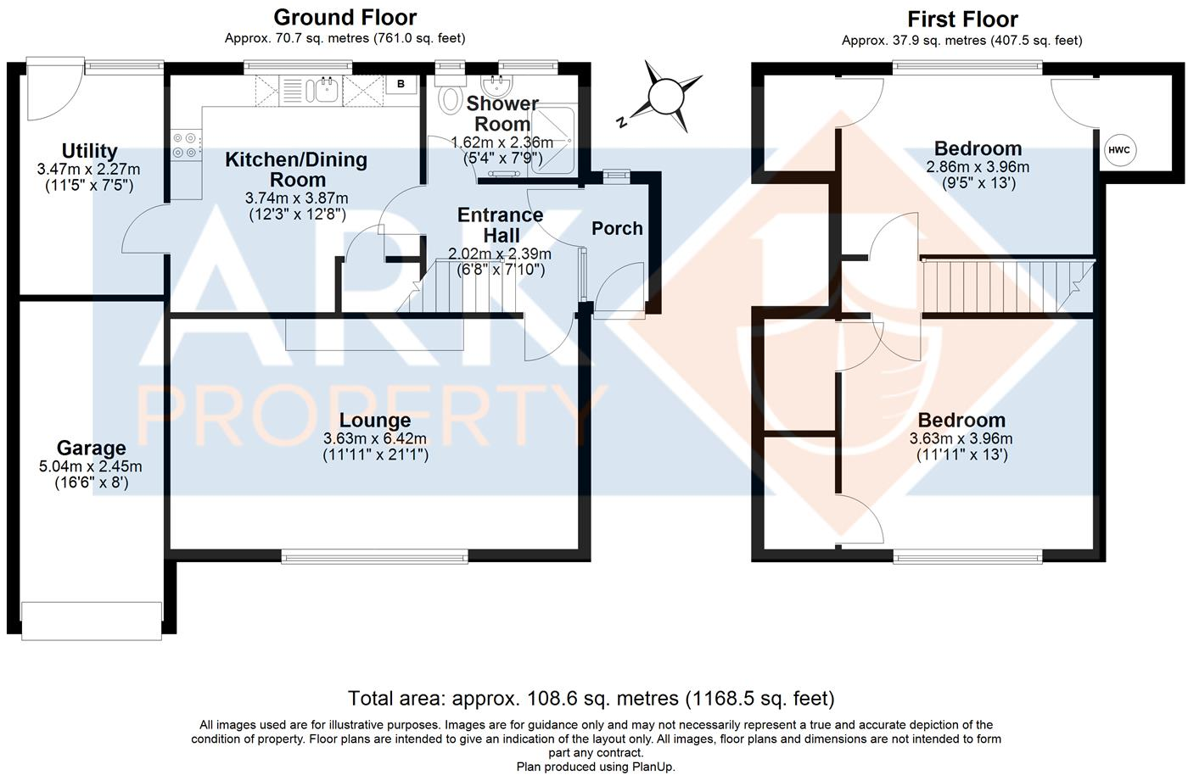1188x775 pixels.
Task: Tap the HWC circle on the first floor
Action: [x=1118, y=150]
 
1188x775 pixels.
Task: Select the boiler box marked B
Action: [x=401, y=84]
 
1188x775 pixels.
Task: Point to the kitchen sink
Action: [x=322, y=88]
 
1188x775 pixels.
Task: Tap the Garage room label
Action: [x=91, y=448]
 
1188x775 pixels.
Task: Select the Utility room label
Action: [x=89, y=151]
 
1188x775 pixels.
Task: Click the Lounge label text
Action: [x=375, y=421]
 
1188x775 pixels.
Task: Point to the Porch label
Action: [x=617, y=228]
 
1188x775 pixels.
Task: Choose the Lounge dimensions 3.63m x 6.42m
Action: [x=375, y=438]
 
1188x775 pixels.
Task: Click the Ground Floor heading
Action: [x=345, y=17]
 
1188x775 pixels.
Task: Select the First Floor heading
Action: [x=962, y=19]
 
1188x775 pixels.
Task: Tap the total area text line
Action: [x=591, y=698]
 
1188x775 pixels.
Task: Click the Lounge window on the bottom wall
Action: [x=374, y=556]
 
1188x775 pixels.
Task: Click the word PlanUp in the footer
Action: [x=653, y=767]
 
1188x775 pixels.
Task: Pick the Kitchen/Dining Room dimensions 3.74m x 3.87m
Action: [x=296, y=198]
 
